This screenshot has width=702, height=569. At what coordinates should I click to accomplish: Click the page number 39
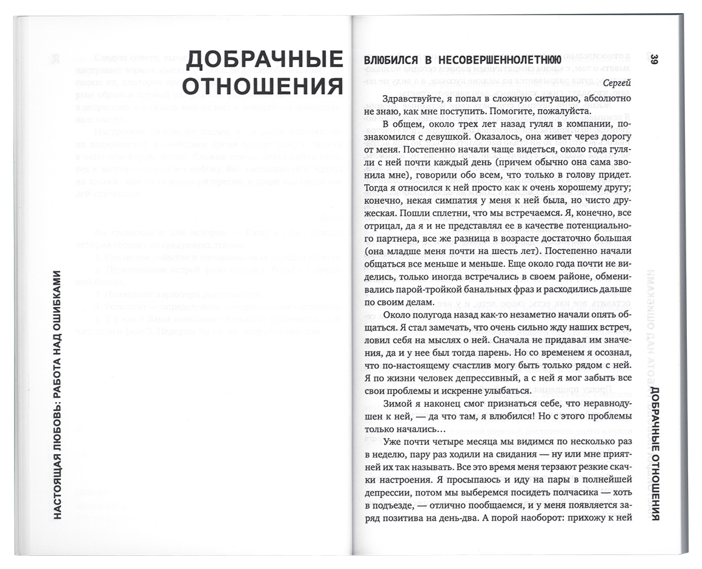click(x=654, y=59)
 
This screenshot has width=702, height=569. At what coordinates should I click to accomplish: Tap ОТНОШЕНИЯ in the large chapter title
click(x=263, y=87)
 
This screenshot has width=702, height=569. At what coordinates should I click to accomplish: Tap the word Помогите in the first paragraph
click(x=503, y=112)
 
